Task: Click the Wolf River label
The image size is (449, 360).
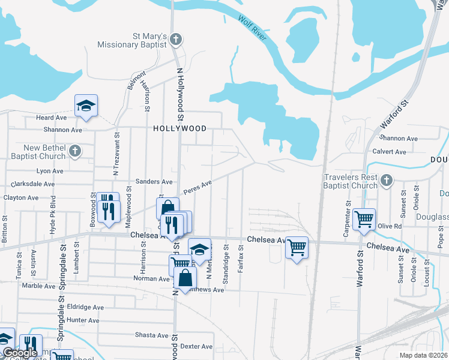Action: click(x=252, y=29)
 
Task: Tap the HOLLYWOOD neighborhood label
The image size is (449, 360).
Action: click(x=180, y=128)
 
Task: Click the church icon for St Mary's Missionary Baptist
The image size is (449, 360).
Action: click(x=176, y=40)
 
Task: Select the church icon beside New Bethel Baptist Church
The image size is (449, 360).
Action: click(x=75, y=151)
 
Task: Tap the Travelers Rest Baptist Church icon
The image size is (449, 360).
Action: click(x=387, y=179)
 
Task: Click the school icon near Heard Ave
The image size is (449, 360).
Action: click(x=86, y=106)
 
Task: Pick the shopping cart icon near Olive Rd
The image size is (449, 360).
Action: click(x=364, y=219)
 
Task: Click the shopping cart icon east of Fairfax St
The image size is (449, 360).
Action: click(x=297, y=246)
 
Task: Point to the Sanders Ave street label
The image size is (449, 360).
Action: click(x=154, y=181)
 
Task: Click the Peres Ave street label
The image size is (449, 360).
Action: click(x=198, y=185)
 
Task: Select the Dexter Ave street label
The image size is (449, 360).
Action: click(x=197, y=346)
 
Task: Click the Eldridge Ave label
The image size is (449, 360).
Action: click(x=85, y=307)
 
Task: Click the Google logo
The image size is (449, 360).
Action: click(x=20, y=353)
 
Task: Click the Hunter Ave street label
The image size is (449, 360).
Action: click(x=83, y=320)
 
